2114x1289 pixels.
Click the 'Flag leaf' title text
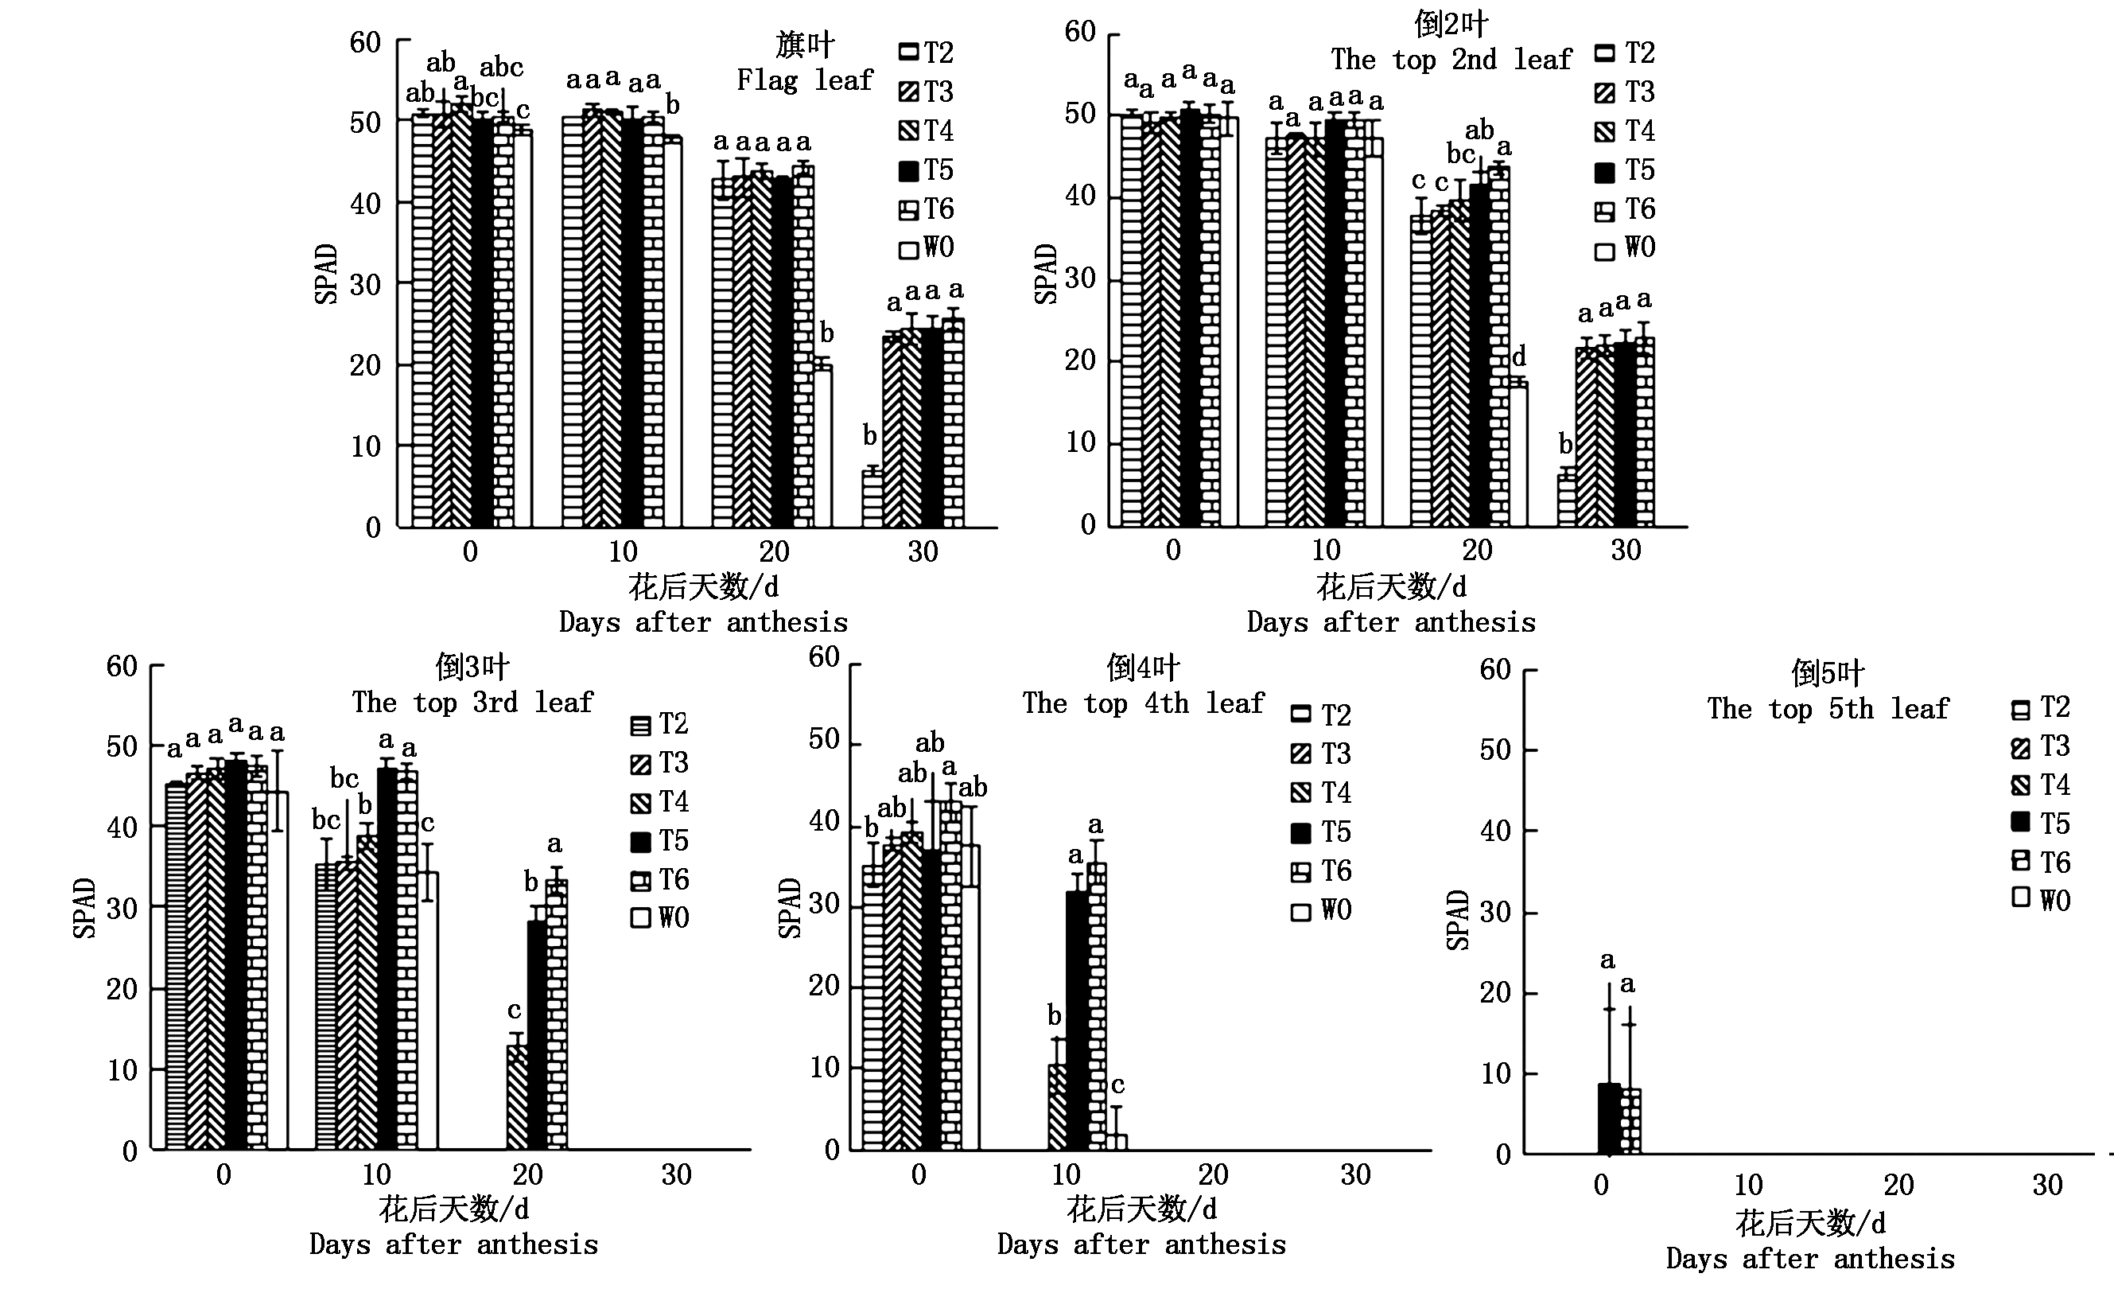pyautogui.click(x=804, y=80)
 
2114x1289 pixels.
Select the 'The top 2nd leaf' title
pyautogui.click(x=1451, y=59)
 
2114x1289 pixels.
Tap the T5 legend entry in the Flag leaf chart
pyautogui.click(x=926, y=170)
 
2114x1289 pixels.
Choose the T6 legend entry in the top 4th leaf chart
pyautogui.click(x=1321, y=872)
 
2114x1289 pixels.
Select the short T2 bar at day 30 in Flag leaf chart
pyautogui.click(x=872, y=498)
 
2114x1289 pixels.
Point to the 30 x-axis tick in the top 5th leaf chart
pyautogui.click(x=2047, y=1185)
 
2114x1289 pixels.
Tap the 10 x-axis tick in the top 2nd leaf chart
pyautogui.click(x=1326, y=550)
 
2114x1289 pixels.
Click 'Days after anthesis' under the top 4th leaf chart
pyautogui.click(x=1141, y=1244)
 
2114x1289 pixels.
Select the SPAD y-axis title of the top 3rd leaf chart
pyautogui.click(x=84, y=908)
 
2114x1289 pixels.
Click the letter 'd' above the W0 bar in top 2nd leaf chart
pyautogui.click(x=1518, y=356)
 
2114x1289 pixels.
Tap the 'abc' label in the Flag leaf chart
pyautogui.click(x=501, y=67)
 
